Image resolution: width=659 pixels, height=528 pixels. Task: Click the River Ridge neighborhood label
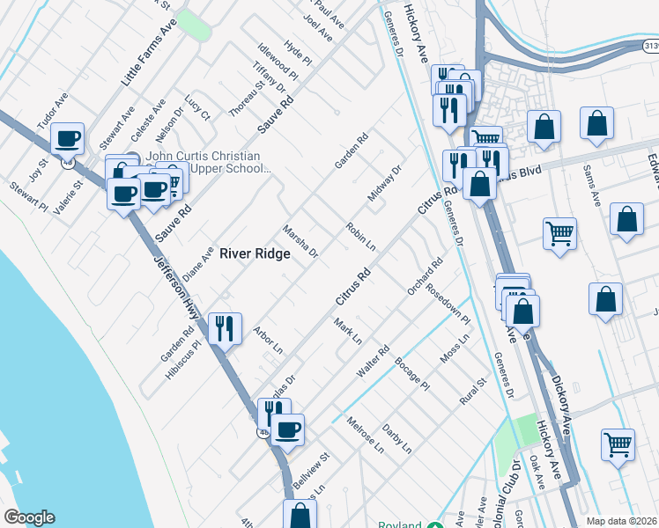click(x=255, y=253)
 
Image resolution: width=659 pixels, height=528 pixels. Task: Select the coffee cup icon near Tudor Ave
click(x=68, y=138)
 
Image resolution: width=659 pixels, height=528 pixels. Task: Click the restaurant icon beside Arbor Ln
click(x=225, y=328)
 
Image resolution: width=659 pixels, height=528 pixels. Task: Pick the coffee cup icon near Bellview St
click(x=286, y=429)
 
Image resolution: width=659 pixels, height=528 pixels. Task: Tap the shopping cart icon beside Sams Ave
click(x=559, y=233)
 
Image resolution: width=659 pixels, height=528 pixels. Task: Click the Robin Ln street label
click(x=361, y=237)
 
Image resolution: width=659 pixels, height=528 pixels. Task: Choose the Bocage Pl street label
click(x=411, y=374)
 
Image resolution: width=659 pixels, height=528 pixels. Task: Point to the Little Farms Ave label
click(x=149, y=51)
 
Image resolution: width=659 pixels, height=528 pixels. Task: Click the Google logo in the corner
click(x=28, y=517)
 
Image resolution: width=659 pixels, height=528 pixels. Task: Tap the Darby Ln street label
click(x=397, y=438)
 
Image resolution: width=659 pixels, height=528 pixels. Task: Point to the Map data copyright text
click(x=622, y=521)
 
